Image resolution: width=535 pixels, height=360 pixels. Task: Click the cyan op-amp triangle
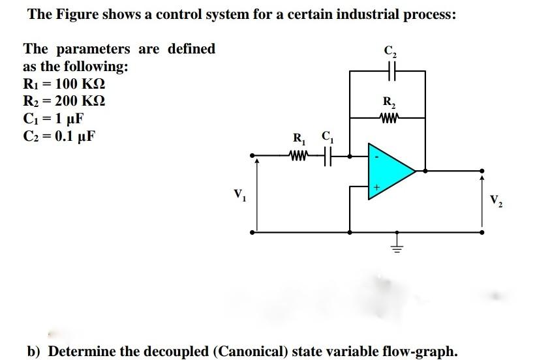(x=386, y=171)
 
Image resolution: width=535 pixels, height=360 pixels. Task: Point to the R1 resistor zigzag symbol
(x=298, y=156)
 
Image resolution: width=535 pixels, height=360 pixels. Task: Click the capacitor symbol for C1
(x=327, y=156)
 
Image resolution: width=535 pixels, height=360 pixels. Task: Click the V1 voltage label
(x=239, y=194)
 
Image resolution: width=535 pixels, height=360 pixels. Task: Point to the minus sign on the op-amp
(x=375, y=158)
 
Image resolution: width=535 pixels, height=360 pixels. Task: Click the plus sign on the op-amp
(x=376, y=187)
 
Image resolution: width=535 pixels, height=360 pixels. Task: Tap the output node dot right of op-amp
(x=427, y=172)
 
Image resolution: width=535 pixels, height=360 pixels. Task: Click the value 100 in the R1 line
(x=69, y=84)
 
